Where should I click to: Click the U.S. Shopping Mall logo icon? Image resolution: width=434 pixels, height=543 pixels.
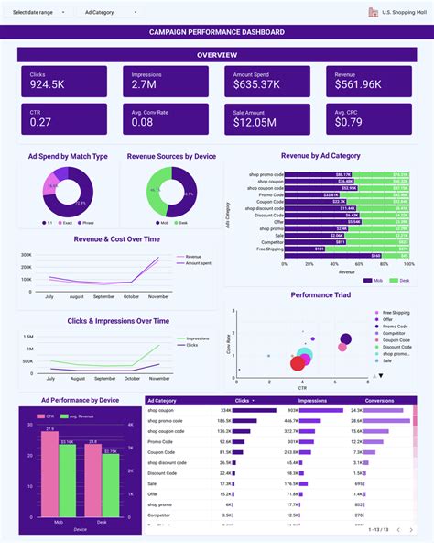[373, 12]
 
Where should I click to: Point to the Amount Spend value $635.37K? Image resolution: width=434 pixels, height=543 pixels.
[256, 84]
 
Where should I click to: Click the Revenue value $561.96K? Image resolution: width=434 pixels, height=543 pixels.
[359, 84]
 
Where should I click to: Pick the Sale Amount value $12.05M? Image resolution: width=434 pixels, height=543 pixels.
[256, 122]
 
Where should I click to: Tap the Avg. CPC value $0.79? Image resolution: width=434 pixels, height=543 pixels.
[349, 122]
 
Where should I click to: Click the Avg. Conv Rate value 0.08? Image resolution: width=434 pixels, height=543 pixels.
[142, 122]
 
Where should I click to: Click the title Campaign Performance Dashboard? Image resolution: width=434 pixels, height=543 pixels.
[217, 32]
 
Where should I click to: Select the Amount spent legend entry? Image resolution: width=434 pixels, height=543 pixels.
[198, 263]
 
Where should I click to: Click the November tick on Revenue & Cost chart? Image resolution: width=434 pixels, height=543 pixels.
[159, 296]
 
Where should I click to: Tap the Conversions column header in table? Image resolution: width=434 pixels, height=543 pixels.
[380, 400]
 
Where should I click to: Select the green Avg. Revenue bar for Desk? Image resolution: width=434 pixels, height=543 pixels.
[110, 487]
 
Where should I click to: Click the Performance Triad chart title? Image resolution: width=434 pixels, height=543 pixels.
[320, 294]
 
